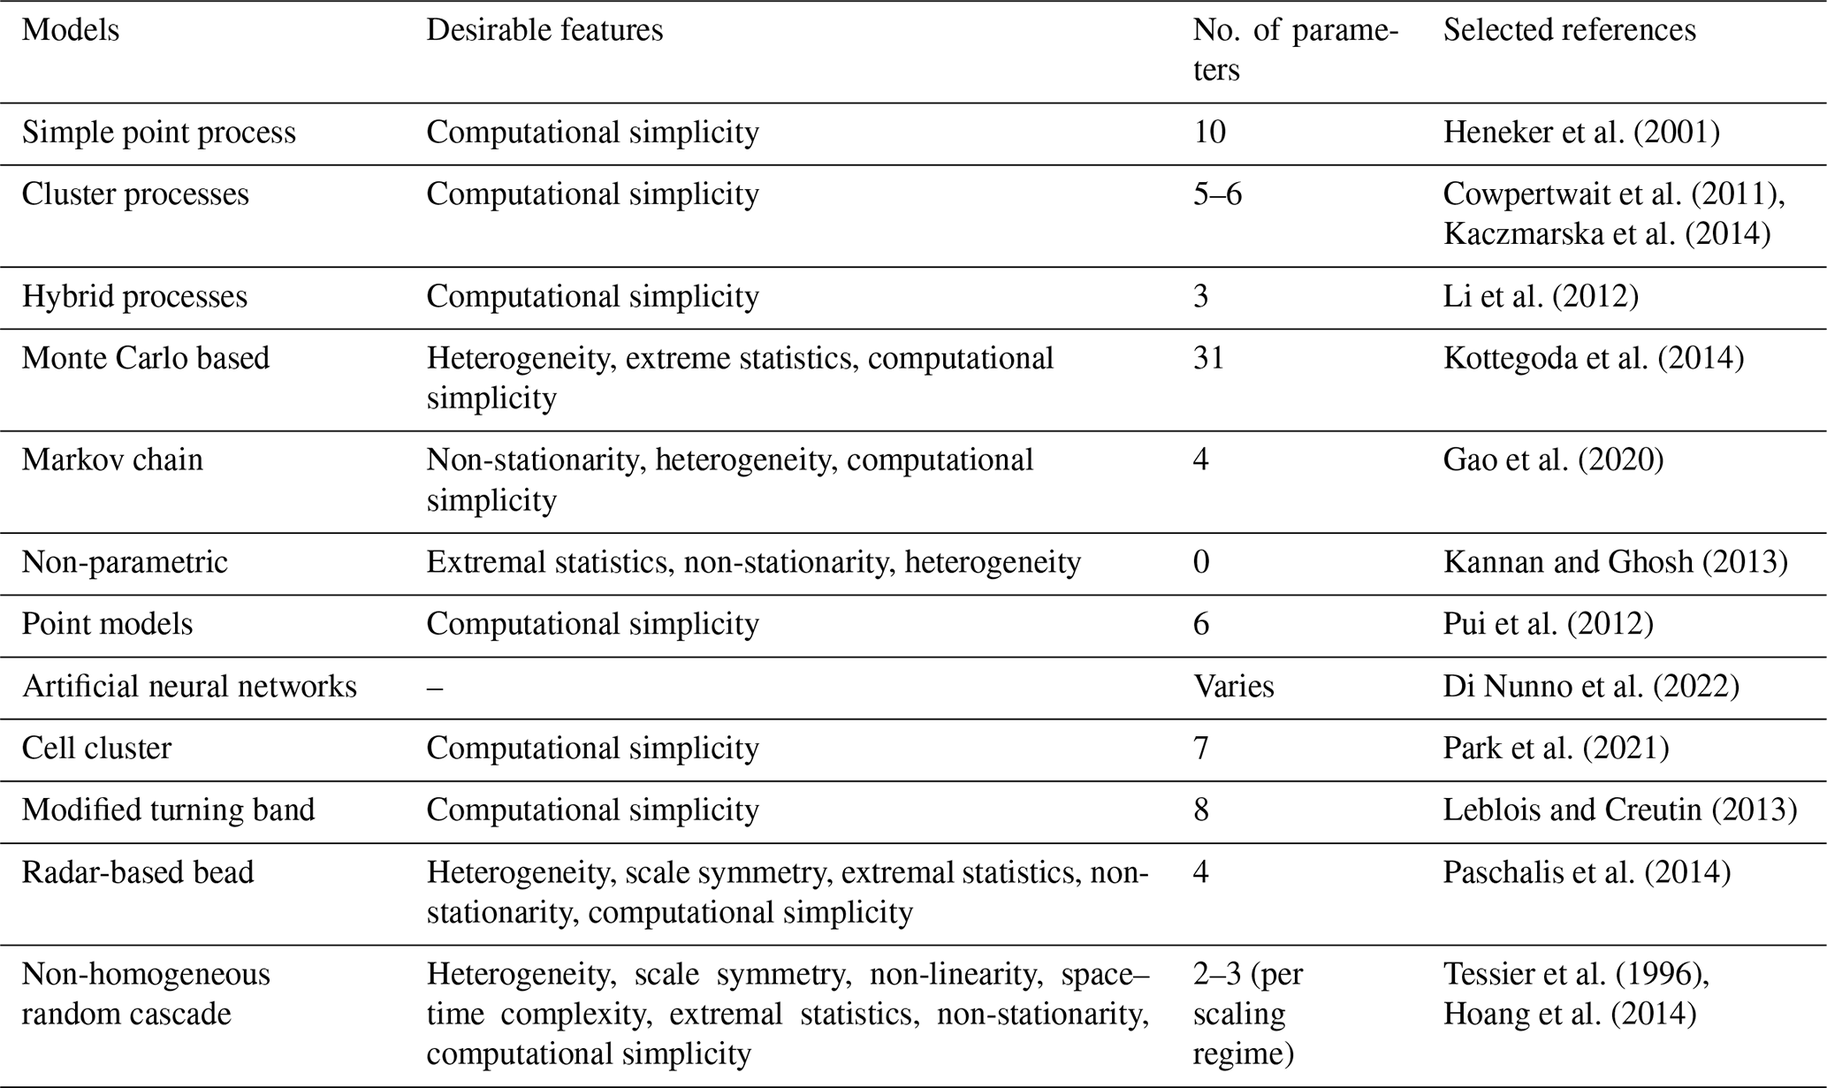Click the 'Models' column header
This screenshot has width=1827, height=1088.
point(71,31)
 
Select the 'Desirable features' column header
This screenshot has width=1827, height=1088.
point(544,31)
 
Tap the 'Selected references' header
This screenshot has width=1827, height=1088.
point(1570,31)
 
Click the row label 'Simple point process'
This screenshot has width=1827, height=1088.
point(159,133)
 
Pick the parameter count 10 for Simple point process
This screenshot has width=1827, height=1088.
point(1209,133)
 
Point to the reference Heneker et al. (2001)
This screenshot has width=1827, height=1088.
point(1581,133)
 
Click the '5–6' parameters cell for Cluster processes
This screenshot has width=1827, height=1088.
point(1217,195)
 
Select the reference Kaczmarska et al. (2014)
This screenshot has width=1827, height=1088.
point(1607,234)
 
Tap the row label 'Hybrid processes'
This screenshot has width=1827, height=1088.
point(134,297)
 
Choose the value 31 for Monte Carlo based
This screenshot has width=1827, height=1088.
point(1208,359)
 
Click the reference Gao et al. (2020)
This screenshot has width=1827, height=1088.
point(1553,460)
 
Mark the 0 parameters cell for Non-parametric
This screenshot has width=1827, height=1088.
point(1201,563)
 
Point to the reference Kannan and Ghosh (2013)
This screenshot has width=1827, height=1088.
point(1615,563)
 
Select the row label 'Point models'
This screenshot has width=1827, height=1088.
point(107,625)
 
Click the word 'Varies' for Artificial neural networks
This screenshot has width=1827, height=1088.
point(1233,688)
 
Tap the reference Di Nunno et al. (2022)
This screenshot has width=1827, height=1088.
point(1591,688)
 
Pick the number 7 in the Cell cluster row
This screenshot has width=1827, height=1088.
point(1201,749)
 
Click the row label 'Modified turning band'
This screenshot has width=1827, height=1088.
point(168,811)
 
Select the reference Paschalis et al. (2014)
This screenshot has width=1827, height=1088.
point(1587,873)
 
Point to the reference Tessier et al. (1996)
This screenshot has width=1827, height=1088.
point(1576,975)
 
